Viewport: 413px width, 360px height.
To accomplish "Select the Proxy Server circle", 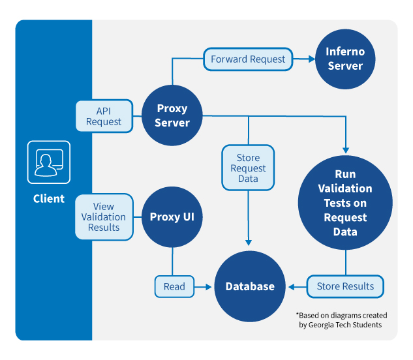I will point(172,115).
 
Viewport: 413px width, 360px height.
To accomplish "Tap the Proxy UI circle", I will point(172,217).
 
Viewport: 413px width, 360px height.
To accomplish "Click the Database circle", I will point(250,286).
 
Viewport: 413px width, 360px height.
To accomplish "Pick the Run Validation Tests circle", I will point(345,203).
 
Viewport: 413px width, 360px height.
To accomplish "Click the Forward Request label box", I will point(248,59).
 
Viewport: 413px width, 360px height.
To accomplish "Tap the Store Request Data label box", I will point(248,168).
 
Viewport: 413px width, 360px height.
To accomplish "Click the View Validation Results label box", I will point(104,217).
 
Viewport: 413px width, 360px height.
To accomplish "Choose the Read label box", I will point(174,286).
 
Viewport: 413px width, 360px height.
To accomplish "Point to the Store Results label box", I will point(345,286).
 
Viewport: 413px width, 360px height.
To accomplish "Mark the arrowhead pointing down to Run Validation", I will point(345,148).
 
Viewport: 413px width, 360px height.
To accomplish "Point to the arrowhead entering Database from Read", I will point(208,286).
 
